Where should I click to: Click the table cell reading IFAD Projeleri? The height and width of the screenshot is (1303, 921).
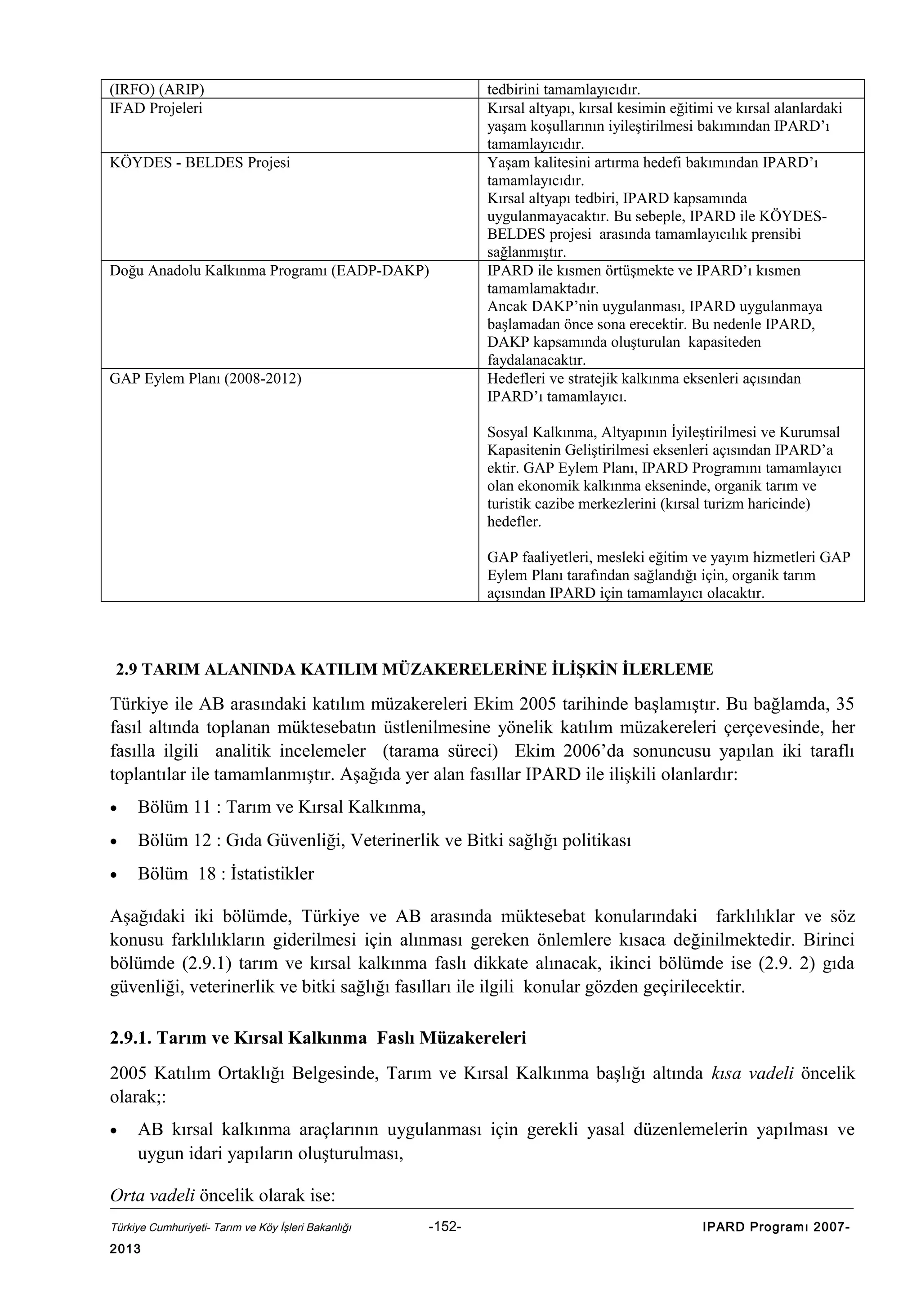coord(156,108)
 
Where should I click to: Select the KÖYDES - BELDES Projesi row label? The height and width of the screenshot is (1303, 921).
coord(199,162)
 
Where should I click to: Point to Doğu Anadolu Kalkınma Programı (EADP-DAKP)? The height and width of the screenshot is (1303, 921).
coord(269,271)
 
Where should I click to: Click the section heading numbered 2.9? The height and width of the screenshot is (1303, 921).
coord(414,669)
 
